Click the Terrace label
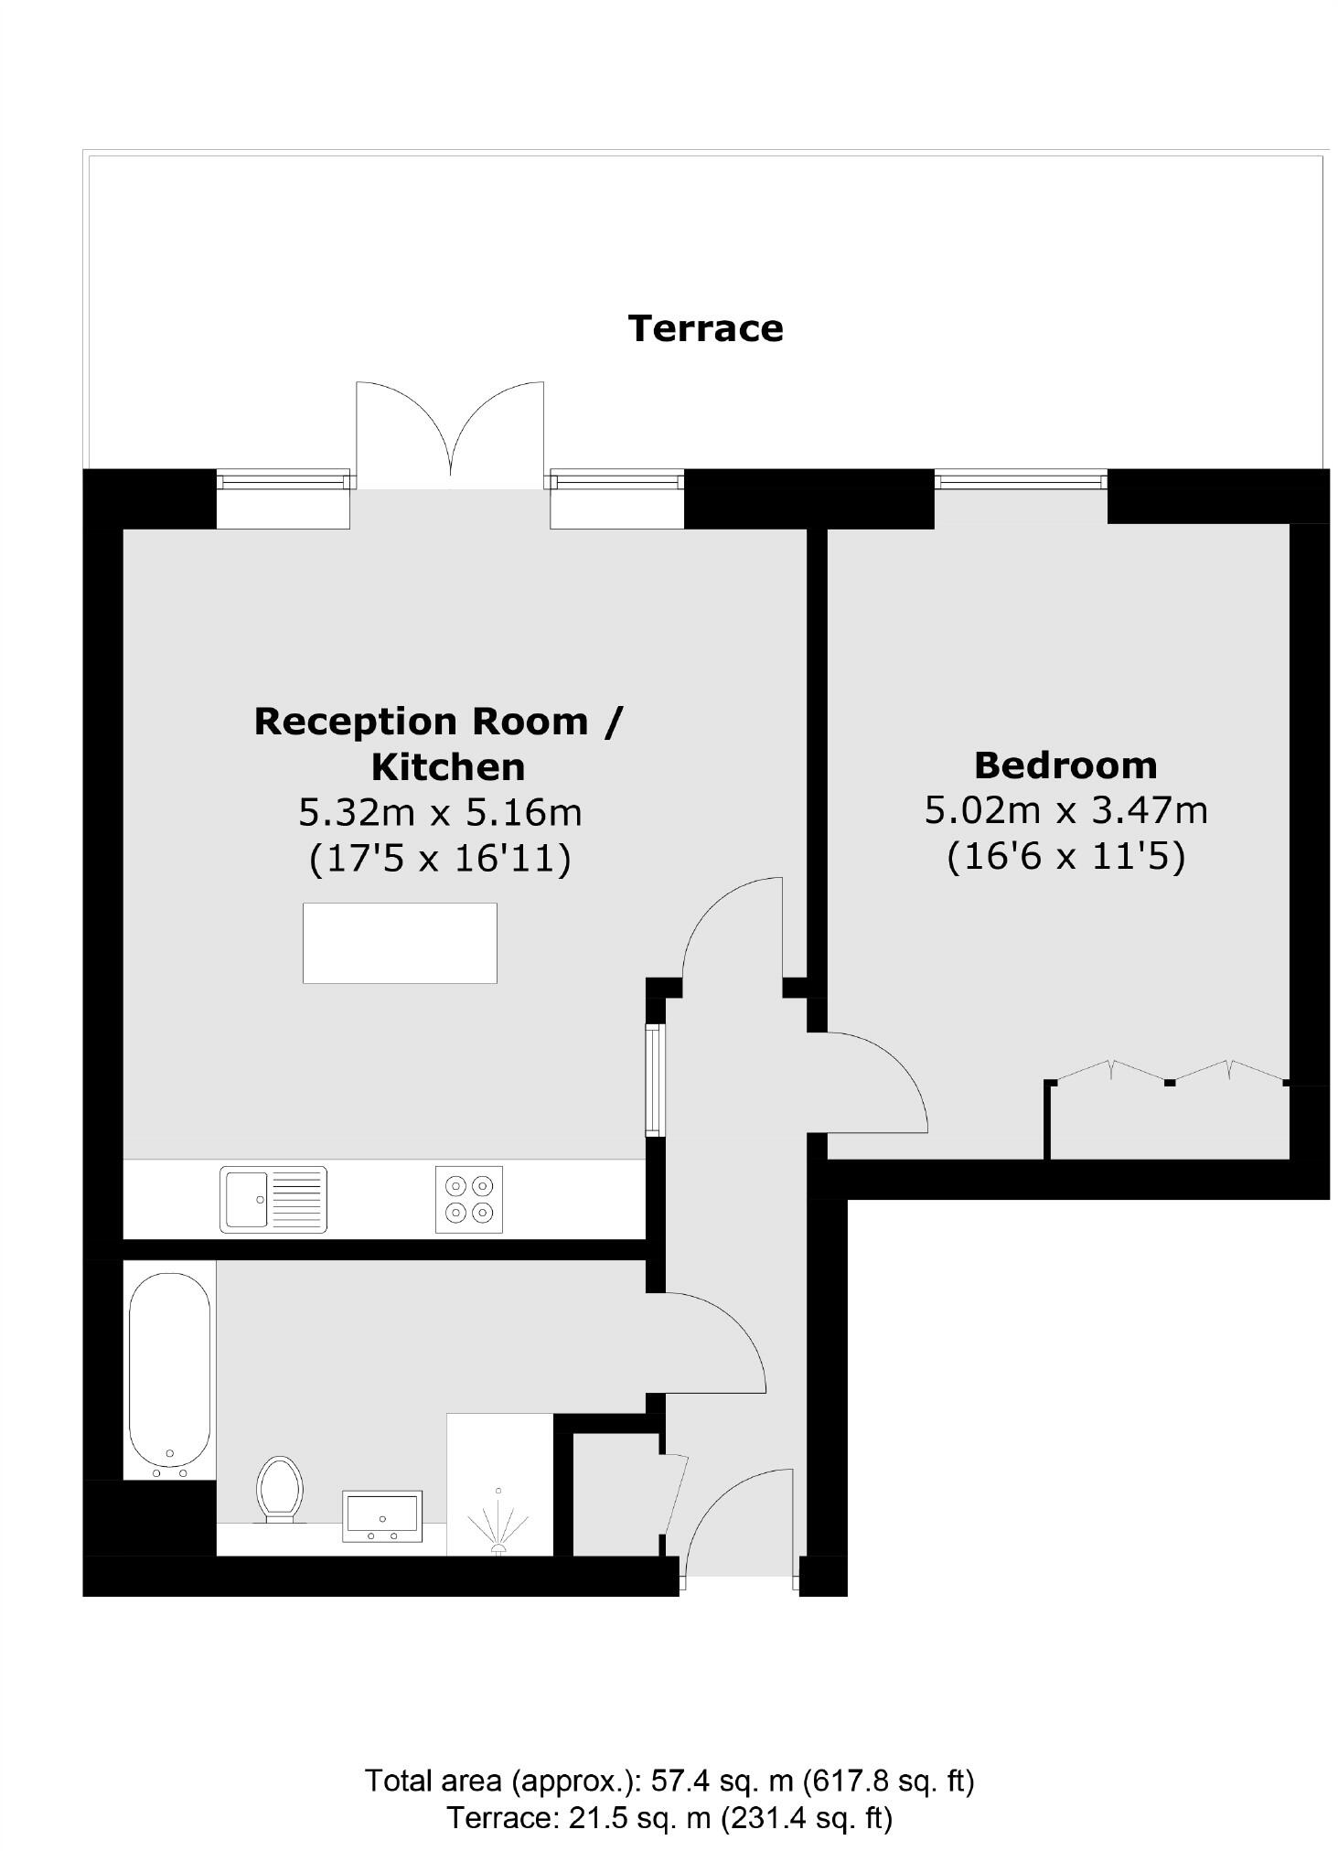(705, 328)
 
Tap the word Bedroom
(1065, 765)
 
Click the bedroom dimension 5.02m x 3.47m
(1065, 810)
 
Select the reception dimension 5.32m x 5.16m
(440, 812)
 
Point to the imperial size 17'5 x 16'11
(440, 858)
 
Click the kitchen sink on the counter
(273, 1199)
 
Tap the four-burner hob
(468, 1200)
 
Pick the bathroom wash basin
(382, 1515)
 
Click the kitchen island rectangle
(400, 943)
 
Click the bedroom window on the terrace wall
(1021, 479)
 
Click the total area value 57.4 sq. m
(723, 1781)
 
